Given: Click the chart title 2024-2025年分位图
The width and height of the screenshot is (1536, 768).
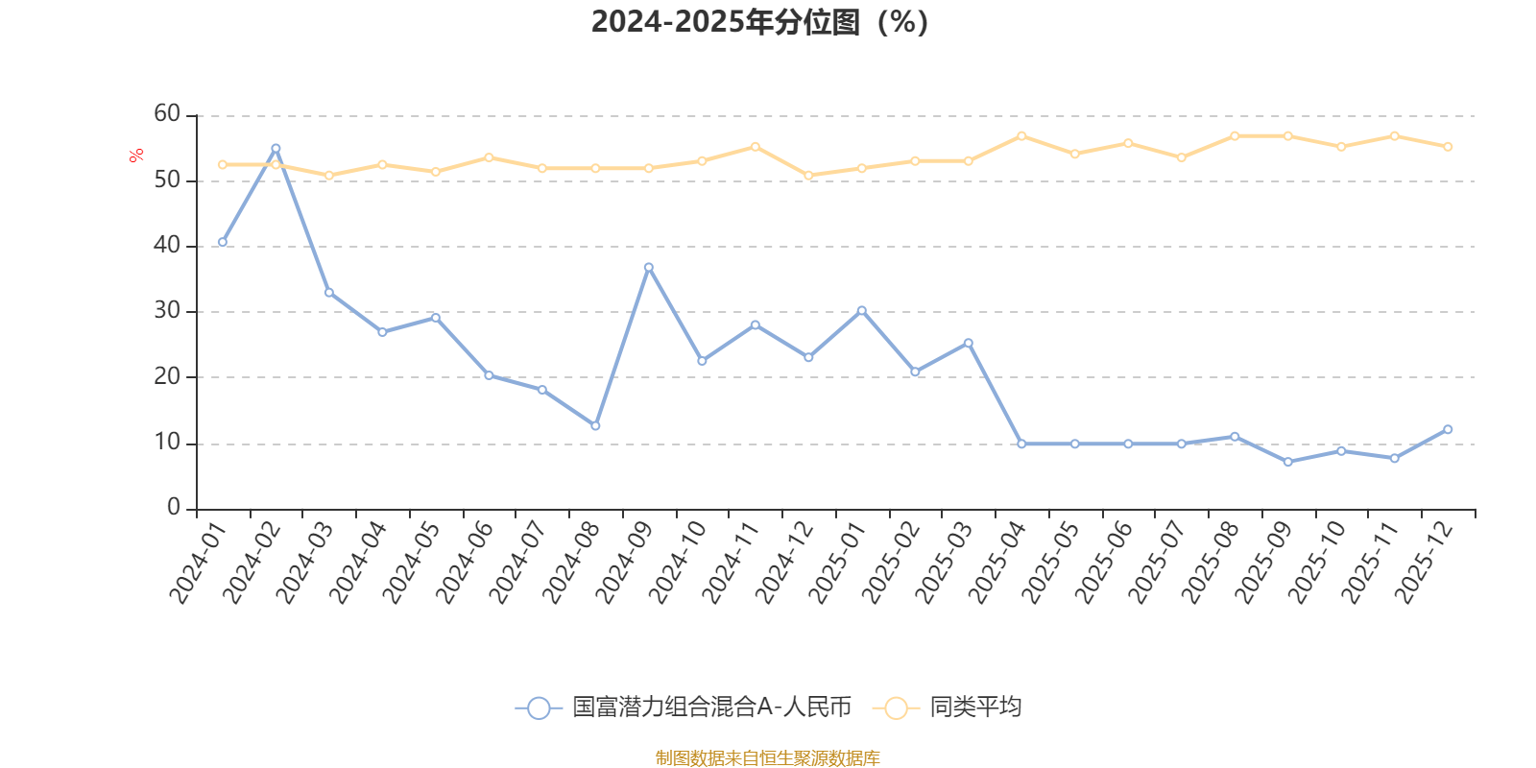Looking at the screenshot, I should coord(759,21).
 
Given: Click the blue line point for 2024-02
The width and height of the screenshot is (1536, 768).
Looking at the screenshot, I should coord(276,149).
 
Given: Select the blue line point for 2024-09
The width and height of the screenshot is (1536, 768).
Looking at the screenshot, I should coord(648,267).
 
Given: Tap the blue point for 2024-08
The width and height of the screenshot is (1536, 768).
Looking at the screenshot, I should coord(595,425).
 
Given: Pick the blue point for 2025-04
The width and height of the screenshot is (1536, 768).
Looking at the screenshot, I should coord(1021,444).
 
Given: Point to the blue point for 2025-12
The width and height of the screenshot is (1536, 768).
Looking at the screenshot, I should coord(1448,429).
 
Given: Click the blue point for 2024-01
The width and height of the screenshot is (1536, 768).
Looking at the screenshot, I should coord(223,242).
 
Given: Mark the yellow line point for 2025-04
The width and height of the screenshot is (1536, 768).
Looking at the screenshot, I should coord(1021,135).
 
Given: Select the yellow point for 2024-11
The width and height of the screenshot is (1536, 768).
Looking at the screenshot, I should coord(755,147).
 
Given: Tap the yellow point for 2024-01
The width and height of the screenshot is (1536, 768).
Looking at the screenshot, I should coord(223,164).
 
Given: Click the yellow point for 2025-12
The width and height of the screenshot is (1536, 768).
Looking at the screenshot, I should coord(1448,147).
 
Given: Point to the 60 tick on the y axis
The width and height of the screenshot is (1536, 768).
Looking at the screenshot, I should coord(167,113).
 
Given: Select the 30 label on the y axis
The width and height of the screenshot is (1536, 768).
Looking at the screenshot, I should coord(167,310).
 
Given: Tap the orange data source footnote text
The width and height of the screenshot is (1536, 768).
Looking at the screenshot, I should coord(767,758).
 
